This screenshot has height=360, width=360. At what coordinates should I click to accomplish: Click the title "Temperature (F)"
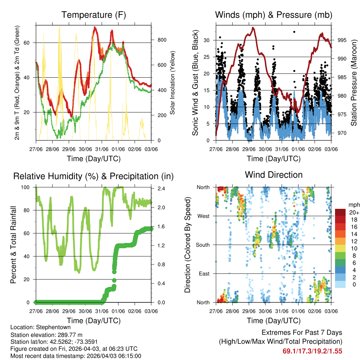click(93, 15)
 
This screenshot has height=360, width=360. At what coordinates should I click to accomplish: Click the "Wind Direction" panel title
click(274, 175)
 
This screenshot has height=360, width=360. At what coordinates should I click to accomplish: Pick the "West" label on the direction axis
click(203, 216)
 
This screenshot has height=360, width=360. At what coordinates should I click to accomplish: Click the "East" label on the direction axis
click(204, 274)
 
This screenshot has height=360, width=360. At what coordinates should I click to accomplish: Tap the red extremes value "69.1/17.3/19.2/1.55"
click(312, 351)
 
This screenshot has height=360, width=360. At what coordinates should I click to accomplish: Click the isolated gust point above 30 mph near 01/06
click(294, 32)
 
